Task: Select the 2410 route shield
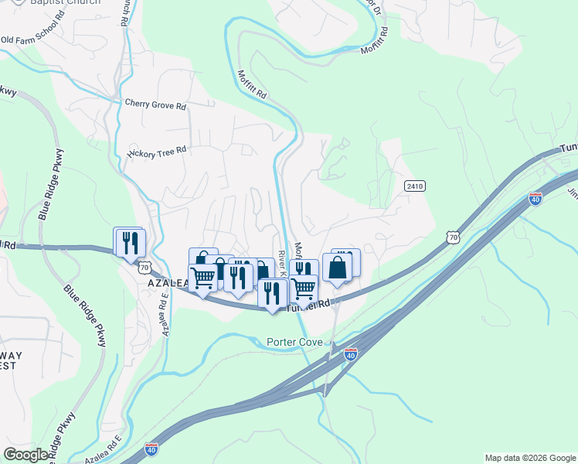[414, 186]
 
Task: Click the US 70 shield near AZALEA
[144, 268]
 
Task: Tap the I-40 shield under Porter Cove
[351, 354]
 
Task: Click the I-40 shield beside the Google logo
[151, 449]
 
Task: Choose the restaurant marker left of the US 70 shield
[129, 242]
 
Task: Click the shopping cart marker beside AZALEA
[204, 277]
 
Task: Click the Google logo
[26, 455]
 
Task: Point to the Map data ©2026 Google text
[529, 458]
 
